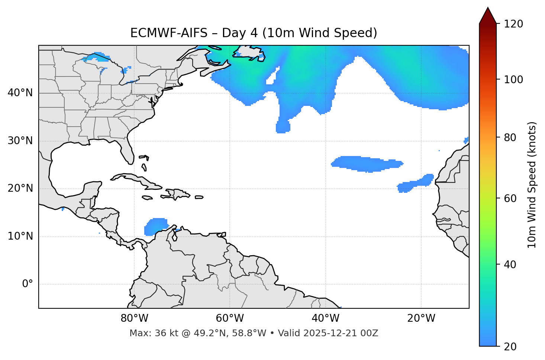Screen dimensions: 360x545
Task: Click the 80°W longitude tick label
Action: pos(134,318)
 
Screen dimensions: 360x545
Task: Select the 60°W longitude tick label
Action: pos(230,318)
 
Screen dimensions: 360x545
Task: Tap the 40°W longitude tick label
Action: pos(325,318)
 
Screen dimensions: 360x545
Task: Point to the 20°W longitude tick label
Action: pos(421,318)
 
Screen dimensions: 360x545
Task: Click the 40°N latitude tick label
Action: pos(20,93)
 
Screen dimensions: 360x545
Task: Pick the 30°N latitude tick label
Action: pos(20,141)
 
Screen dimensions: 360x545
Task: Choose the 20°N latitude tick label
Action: pos(20,188)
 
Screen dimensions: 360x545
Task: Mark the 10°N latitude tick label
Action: pos(20,236)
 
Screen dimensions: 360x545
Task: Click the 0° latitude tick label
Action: pos(28,284)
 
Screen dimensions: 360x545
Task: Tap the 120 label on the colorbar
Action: pos(513,24)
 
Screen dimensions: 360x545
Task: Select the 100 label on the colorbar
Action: pos(513,80)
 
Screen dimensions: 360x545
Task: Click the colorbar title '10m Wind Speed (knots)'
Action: pos(532,185)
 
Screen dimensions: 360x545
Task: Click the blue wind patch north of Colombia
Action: pos(156,226)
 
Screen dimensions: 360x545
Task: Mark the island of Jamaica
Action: pos(147,198)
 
